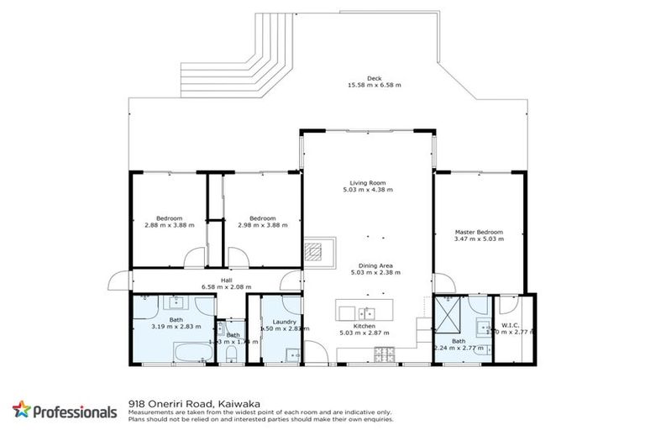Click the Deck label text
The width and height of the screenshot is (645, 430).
(363, 78)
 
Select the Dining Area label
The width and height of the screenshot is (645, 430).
(367, 265)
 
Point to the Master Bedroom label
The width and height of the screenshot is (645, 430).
(479, 232)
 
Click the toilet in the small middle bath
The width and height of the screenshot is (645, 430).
(231, 356)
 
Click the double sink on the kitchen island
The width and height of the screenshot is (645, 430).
(361, 310)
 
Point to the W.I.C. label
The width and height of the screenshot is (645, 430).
(511, 325)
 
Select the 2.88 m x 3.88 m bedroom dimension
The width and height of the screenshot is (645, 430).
(169, 225)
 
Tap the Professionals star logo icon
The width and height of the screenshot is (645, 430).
(22, 411)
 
